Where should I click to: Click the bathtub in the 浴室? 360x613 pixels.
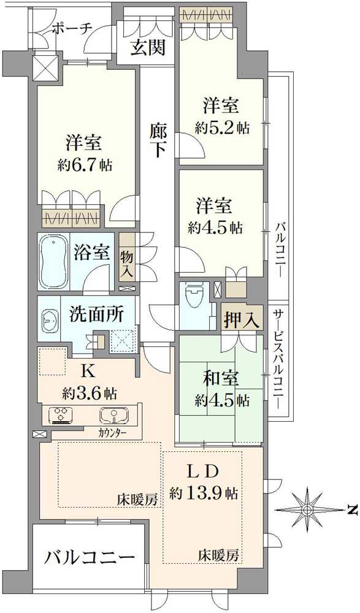(54, 261)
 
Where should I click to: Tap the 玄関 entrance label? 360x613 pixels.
(147, 48)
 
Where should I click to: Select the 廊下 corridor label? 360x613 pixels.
(158, 140)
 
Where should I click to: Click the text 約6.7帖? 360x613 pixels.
(85, 166)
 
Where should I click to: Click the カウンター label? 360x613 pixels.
(112, 433)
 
